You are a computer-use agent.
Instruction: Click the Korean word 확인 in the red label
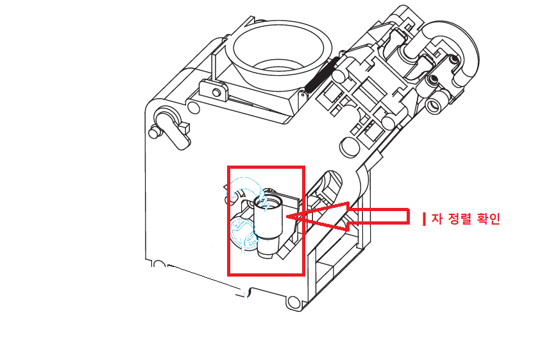click(488, 219)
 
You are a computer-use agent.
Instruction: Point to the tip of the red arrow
click(287, 216)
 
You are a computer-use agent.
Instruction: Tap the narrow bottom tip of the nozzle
click(267, 255)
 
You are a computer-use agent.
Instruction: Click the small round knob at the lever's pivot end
click(154, 133)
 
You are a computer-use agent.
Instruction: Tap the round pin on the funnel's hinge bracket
click(217, 92)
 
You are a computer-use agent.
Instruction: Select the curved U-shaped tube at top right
click(453, 52)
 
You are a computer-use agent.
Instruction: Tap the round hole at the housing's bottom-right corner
click(294, 302)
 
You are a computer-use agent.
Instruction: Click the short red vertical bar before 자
click(424, 219)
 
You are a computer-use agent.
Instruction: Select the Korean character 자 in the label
click(437, 219)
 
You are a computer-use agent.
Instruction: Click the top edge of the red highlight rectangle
click(266, 167)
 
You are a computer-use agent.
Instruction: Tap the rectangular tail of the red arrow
click(379, 217)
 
